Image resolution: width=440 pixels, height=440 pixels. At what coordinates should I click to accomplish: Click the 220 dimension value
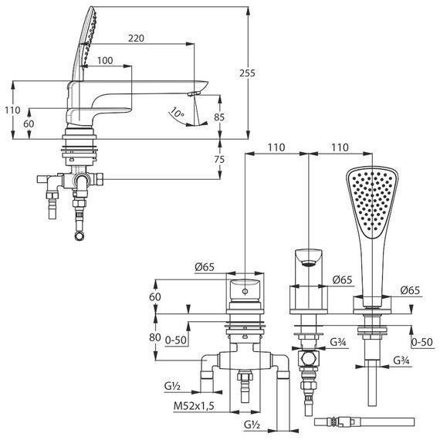coord(136,38)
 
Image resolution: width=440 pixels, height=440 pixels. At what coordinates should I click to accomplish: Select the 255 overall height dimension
coord(247,73)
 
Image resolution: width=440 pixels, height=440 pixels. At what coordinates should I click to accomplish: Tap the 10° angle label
coord(177,112)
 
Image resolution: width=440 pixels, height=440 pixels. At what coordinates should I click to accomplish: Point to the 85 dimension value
coord(219,117)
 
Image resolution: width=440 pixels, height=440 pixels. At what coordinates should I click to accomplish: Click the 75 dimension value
coord(219,159)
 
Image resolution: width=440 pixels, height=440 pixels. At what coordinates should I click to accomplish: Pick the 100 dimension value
coord(105,60)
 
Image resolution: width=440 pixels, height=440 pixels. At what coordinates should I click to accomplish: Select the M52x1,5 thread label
coord(194,405)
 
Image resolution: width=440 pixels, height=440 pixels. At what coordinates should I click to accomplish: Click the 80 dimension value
coord(155,337)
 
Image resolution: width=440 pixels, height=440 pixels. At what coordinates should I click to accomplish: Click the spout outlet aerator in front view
coord(309,263)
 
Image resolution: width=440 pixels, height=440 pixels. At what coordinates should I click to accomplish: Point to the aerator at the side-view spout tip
coord(194,93)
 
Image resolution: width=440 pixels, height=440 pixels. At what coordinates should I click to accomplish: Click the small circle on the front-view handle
coord(245,291)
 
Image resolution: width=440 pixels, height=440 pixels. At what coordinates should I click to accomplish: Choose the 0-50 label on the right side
coord(422,342)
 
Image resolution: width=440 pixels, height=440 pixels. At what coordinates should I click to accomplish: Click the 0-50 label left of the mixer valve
coord(176,340)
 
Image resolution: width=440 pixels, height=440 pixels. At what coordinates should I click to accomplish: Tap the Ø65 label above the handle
coord(205,267)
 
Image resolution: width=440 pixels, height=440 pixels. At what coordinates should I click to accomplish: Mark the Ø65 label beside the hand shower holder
coord(410,290)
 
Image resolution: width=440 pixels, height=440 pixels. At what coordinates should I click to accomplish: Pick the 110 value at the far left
coord(12,110)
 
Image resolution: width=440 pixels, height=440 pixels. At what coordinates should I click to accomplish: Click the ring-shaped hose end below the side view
coord(80,236)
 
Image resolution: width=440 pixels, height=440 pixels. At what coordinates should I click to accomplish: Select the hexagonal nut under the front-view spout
coord(309,357)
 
